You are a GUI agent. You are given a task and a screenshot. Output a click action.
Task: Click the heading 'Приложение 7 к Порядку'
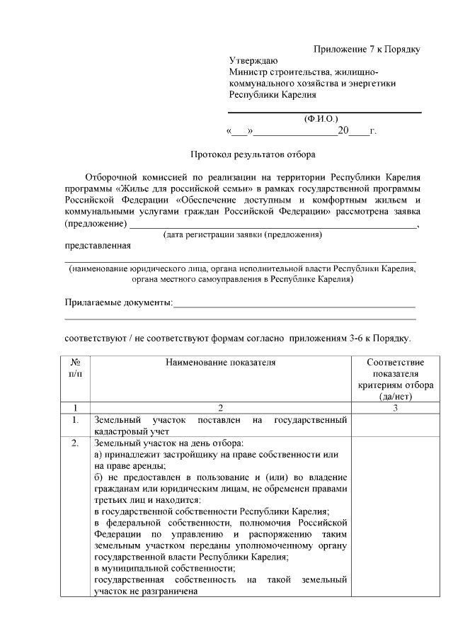[x=367, y=49]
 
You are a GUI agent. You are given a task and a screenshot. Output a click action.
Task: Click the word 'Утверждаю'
[x=253, y=61]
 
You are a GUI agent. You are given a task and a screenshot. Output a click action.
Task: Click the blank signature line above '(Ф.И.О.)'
[x=323, y=112]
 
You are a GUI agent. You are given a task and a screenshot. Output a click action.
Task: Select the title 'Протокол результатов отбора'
[x=253, y=154]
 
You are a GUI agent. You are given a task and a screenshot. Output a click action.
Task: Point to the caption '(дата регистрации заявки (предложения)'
[x=242, y=234]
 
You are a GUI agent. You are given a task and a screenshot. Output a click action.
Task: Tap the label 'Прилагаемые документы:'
[x=118, y=302]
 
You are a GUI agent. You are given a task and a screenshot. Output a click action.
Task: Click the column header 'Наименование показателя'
[x=220, y=363]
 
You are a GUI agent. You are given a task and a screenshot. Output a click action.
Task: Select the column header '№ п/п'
[x=75, y=368]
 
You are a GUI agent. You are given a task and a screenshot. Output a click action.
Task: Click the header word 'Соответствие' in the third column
[x=386, y=363]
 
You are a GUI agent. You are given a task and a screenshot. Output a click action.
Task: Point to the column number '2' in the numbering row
[x=220, y=408]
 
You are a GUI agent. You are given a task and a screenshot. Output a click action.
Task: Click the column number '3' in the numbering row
[x=386, y=408]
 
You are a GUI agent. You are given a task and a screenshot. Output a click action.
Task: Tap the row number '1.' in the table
[x=75, y=421]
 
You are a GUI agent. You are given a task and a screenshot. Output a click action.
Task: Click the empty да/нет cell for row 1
[x=386, y=425]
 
